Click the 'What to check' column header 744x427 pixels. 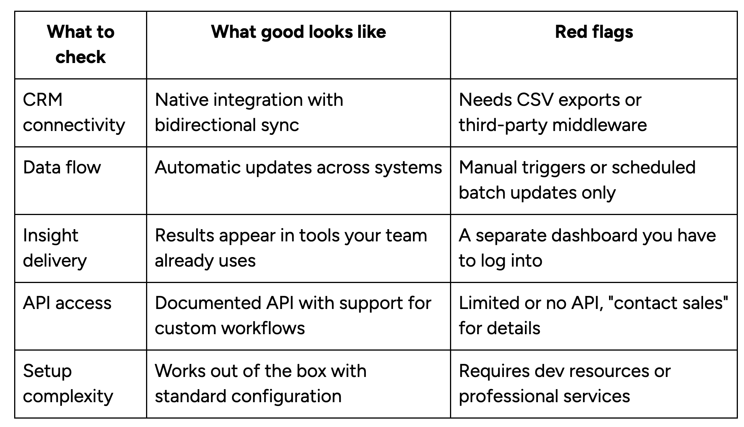point(81,44)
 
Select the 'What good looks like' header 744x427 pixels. point(298,32)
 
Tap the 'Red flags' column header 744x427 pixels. point(594,32)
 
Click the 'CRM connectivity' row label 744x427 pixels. point(74,112)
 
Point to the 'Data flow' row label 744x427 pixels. point(62,167)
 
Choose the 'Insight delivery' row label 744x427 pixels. point(55,248)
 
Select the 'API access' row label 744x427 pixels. point(67,303)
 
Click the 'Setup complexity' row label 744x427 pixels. point(68,383)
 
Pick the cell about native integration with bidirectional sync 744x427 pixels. point(249,112)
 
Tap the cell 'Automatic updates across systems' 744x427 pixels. point(298,167)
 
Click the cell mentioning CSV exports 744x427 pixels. point(552,112)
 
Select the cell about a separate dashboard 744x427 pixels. point(587,248)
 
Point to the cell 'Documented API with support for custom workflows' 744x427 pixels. point(293,315)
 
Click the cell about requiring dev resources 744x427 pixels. point(564,383)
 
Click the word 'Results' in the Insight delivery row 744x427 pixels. point(184,235)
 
